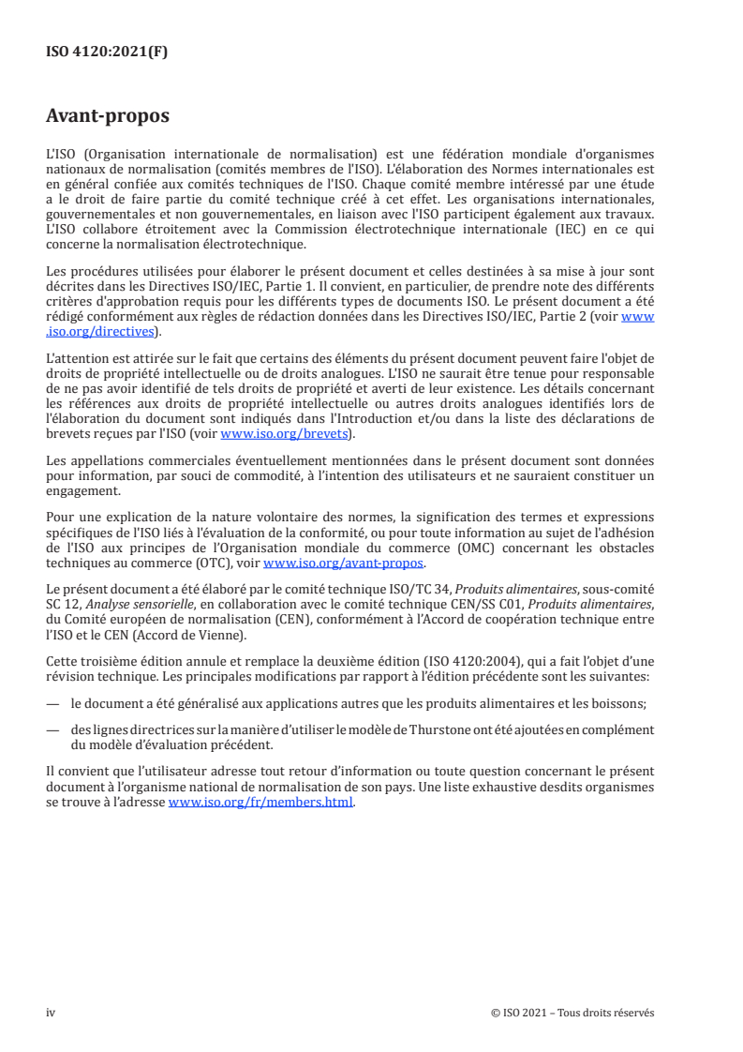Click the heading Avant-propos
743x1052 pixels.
[x=108, y=117]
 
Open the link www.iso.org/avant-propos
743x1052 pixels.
[x=344, y=564]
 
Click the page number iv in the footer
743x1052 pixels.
[x=52, y=1013]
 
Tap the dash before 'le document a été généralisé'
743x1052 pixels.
[x=52, y=699]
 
